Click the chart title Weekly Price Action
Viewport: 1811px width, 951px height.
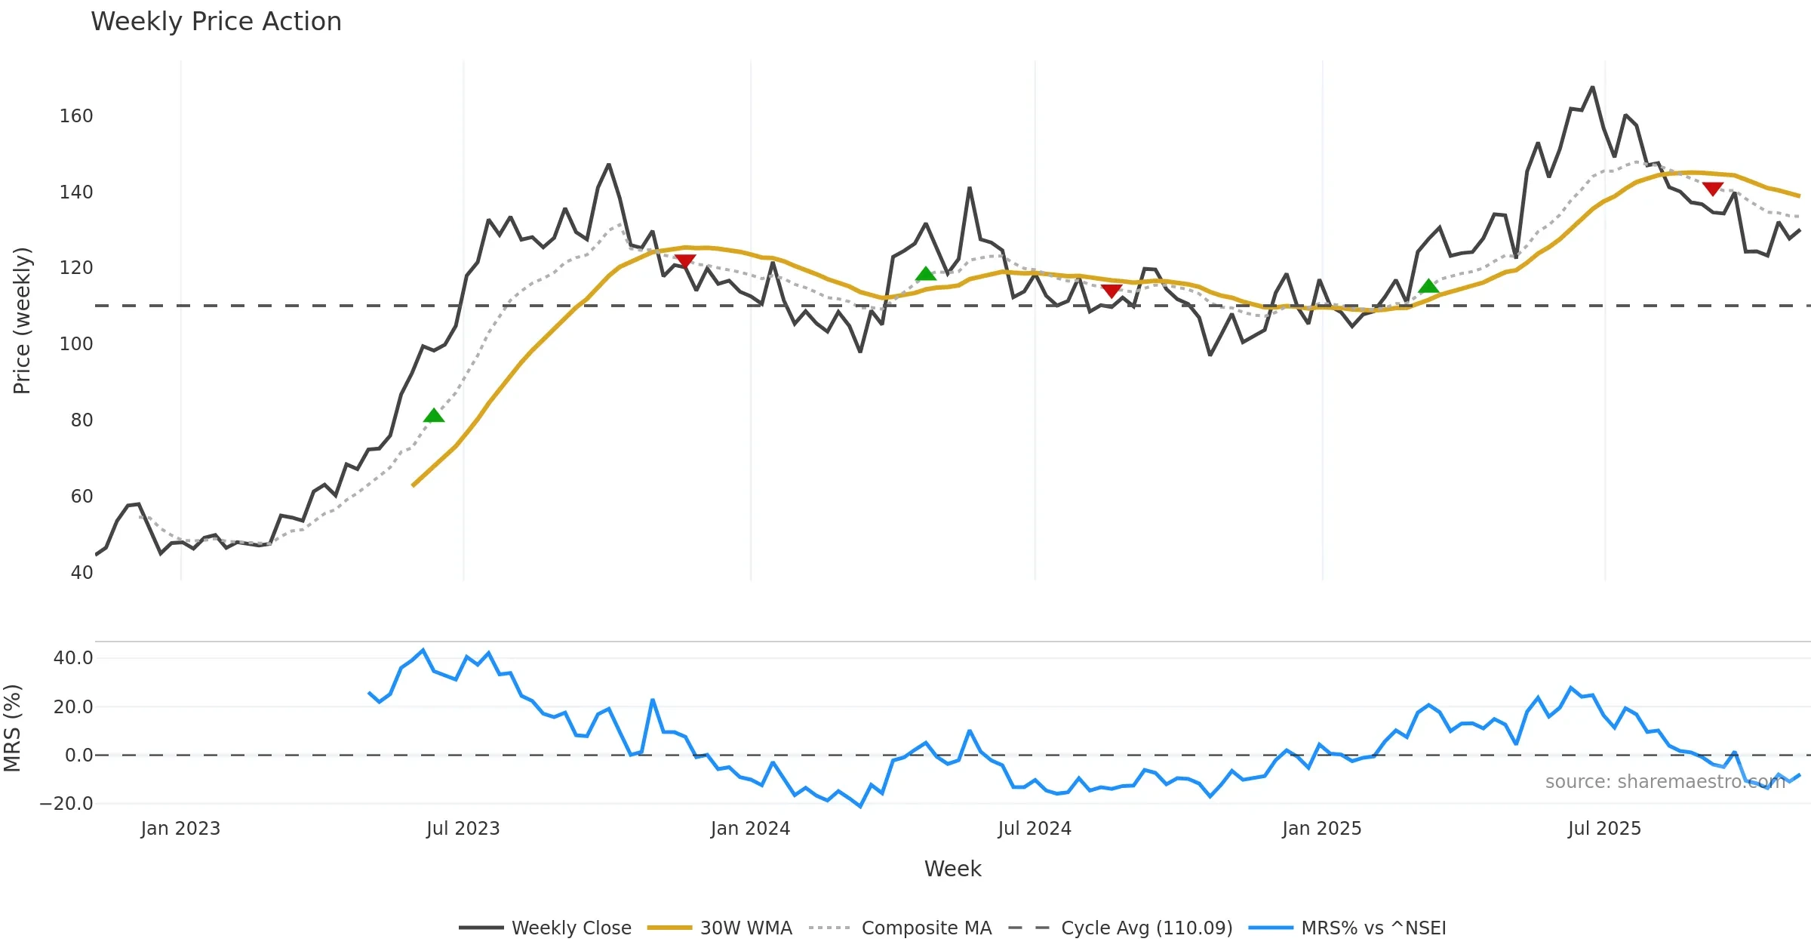click(x=216, y=22)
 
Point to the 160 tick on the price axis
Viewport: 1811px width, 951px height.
click(x=76, y=116)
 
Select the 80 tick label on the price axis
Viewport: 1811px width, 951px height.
click(x=81, y=420)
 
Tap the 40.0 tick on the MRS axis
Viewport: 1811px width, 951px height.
click(x=73, y=658)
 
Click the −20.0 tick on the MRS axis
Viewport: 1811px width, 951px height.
click(x=66, y=804)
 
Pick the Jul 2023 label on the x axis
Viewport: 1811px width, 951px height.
click(x=463, y=829)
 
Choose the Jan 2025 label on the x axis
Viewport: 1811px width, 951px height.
click(x=1321, y=829)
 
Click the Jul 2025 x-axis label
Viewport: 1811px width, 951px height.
click(x=1604, y=829)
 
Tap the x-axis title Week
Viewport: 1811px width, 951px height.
click(x=952, y=869)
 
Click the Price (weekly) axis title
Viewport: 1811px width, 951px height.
click(x=22, y=321)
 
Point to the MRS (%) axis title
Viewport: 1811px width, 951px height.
click(x=13, y=728)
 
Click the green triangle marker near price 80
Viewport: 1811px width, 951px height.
click(x=434, y=416)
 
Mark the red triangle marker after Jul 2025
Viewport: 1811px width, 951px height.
click(x=1713, y=189)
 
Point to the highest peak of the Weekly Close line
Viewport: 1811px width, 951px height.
click(x=1593, y=88)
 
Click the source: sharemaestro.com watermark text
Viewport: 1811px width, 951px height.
click(x=1665, y=782)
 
